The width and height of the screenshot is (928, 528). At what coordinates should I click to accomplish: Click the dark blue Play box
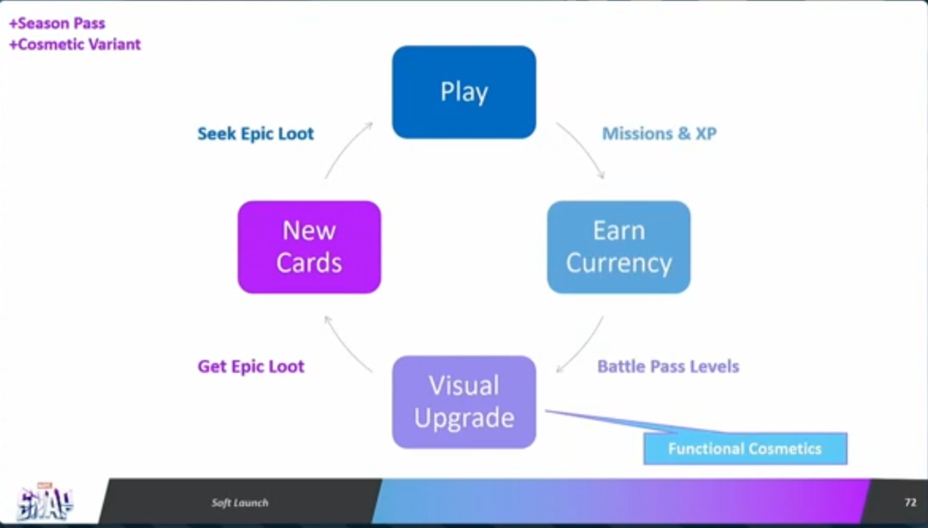(x=464, y=92)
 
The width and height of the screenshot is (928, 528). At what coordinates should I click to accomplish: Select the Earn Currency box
(x=618, y=247)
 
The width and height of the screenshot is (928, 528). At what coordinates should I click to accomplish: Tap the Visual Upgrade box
(x=464, y=402)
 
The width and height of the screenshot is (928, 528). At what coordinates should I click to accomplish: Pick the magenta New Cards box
(x=309, y=247)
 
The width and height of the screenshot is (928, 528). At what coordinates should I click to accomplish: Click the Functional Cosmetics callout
(x=745, y=449)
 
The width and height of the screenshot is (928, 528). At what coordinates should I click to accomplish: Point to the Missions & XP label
(x=659, y=134)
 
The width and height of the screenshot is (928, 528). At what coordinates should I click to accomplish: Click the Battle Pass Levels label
(x=668, y=366)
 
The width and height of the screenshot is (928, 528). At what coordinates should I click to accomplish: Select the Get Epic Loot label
(x=251, y=366)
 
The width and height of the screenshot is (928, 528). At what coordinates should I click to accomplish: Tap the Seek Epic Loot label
(x=256, y=134)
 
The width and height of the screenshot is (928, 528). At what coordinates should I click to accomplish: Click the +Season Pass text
(x=57, y=23)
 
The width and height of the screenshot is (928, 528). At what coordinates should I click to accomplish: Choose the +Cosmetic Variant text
(x=75, y=45)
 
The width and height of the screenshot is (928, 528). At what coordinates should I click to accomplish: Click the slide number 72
(x=910, y=503)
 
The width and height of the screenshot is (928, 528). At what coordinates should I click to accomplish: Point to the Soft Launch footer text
(x=240, y=503)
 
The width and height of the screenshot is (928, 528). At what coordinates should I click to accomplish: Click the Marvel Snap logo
(x=45, y=503)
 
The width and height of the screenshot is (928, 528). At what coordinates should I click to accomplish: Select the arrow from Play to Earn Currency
(x=581, y=149)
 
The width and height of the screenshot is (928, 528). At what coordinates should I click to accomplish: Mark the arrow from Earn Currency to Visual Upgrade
(x=581, y=344)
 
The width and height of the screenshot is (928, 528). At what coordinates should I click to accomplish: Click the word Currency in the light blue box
(x=618, y=263)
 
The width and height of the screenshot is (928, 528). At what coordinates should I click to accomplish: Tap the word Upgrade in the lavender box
(x=464, y=418)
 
